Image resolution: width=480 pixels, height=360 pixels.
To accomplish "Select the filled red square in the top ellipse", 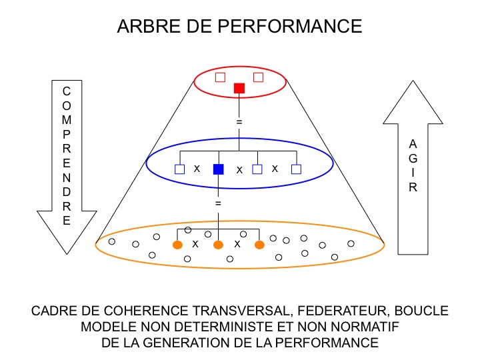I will tap(239, 88).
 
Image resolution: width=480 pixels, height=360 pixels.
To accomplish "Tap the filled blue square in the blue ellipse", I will tap(218, 169).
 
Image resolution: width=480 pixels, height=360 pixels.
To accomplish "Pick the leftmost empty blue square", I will tap(179, 169).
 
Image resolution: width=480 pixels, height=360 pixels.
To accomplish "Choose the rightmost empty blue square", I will tap(297, 169).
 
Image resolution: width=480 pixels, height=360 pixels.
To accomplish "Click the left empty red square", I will tap(220, 77).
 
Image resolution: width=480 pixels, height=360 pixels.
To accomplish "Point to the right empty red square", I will tap(259, 77).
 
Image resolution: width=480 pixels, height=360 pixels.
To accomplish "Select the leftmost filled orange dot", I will tap(178, 245).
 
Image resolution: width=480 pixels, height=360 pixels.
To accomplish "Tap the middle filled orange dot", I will tap(217, 245).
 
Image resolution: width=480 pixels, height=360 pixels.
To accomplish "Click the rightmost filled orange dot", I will tap(259, 245).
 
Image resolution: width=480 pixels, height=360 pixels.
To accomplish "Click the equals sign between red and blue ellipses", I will tap(239, 122).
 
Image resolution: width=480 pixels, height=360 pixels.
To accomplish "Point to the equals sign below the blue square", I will tap(218, 201).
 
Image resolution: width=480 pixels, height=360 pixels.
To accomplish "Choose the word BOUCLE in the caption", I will tap(423, 311).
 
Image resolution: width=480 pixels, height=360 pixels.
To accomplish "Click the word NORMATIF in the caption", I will tap(365, 327).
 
